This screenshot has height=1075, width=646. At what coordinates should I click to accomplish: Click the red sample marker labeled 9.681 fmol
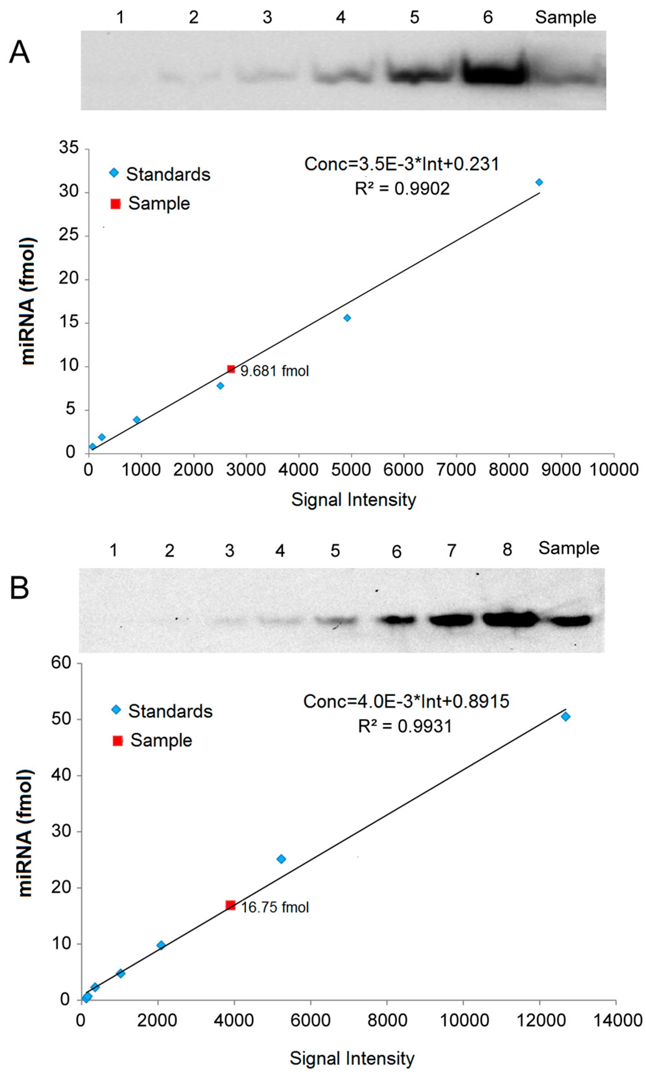pos(231,369)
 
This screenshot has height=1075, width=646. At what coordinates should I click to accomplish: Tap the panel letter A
pos(19,53)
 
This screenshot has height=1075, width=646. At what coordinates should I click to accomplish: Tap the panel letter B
pos(19,588)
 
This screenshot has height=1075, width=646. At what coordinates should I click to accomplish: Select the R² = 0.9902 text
pos(402,189)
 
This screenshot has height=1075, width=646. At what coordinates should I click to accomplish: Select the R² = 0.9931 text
pos(405,726)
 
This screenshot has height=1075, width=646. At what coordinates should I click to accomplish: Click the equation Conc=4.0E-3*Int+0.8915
pos(406,701)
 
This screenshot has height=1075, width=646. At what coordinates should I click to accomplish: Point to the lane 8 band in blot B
pos(509,618)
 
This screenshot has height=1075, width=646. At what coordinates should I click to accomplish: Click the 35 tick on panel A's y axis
pos(69,148)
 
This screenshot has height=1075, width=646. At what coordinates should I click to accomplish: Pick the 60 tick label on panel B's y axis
pos(61,663)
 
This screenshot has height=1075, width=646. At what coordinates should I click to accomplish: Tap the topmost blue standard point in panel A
pos(539,182)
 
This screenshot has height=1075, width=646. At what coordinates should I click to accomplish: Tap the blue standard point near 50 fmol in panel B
pos(565,716)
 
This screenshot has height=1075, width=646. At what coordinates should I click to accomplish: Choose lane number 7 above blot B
pos(452,551)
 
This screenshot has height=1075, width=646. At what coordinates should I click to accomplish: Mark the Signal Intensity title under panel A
pos(354,500)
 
